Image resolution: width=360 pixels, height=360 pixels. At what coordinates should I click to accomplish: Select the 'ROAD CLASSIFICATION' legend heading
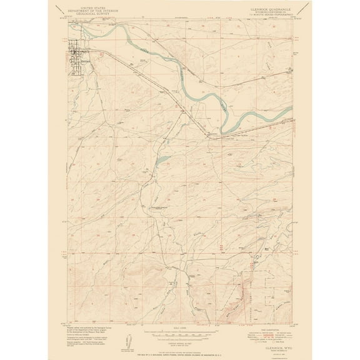[x=258, y=318]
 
